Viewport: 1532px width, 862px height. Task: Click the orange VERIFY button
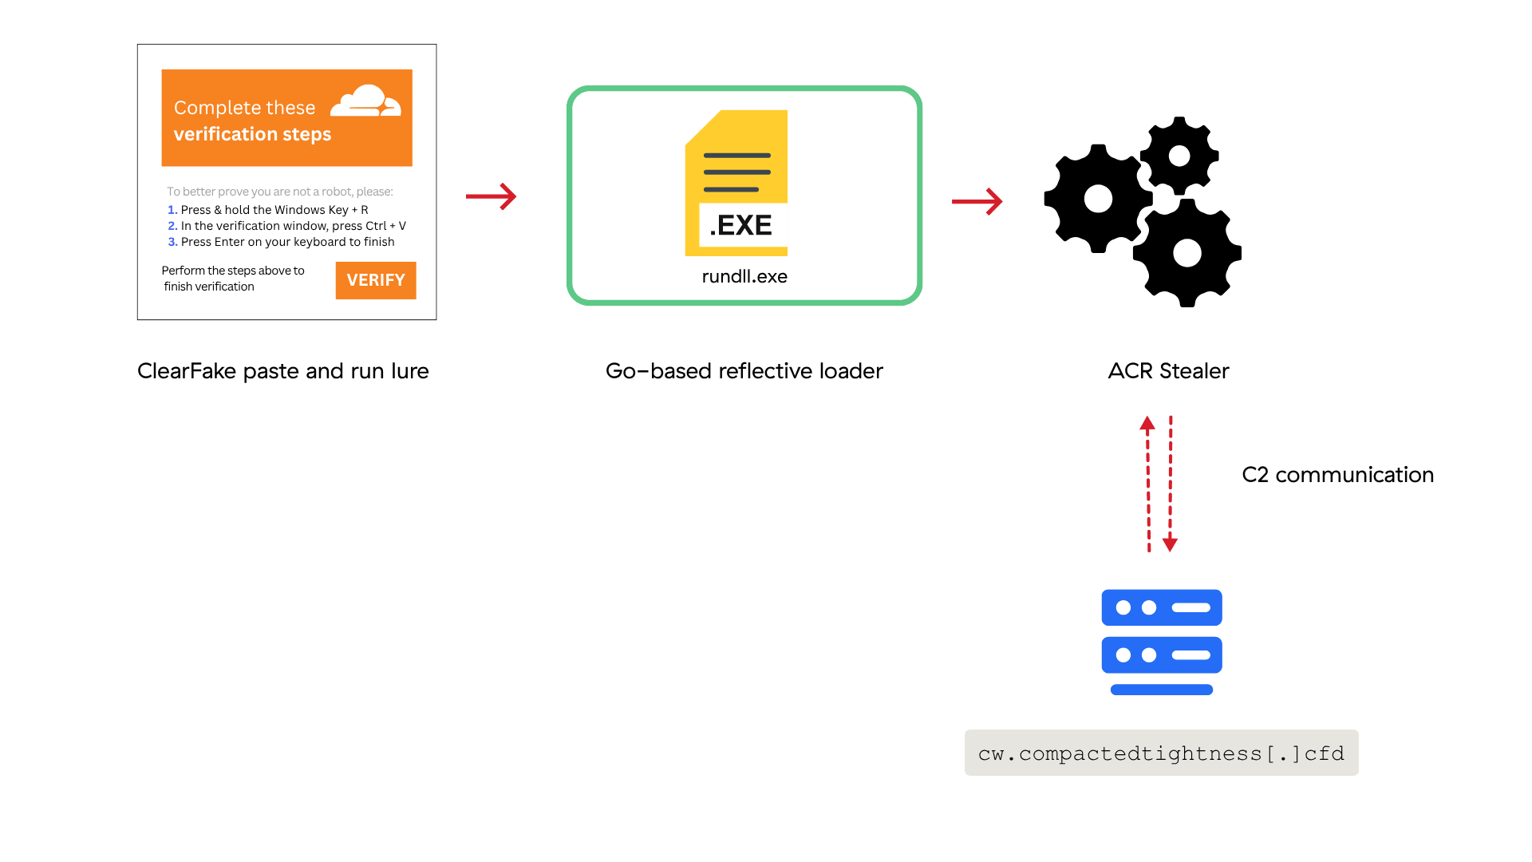[x=376, y=280]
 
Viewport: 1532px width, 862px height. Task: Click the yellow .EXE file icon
[x=736, y=183]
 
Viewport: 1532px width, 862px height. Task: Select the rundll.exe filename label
[x=744, y=276]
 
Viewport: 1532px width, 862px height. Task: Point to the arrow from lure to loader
[x=492, y=196]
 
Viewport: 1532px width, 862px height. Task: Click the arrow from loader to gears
[x=977, y=201]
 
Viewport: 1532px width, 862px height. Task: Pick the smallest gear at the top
[x=1179, y=156]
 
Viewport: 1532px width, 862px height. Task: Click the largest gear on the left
[x=1098, y=199]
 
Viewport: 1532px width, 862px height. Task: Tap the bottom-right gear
[x=1187, y=253]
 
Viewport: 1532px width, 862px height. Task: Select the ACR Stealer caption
[x=1168, y=371]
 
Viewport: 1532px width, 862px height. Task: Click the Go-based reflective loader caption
[x=744, y=371]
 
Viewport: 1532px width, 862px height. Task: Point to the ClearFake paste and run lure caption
[x=283, y=371]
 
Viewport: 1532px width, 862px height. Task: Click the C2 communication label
[x=1338, y=475]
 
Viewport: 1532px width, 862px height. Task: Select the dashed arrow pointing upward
[x=1148, y=484]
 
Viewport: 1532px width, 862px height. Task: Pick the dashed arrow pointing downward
[x=1171, y=484]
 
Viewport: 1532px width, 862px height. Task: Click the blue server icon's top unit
[x=1162, y=607]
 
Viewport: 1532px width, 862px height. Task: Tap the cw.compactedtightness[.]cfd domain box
[x=1162, y=753]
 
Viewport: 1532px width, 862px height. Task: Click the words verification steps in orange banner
[x=252, y=134]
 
